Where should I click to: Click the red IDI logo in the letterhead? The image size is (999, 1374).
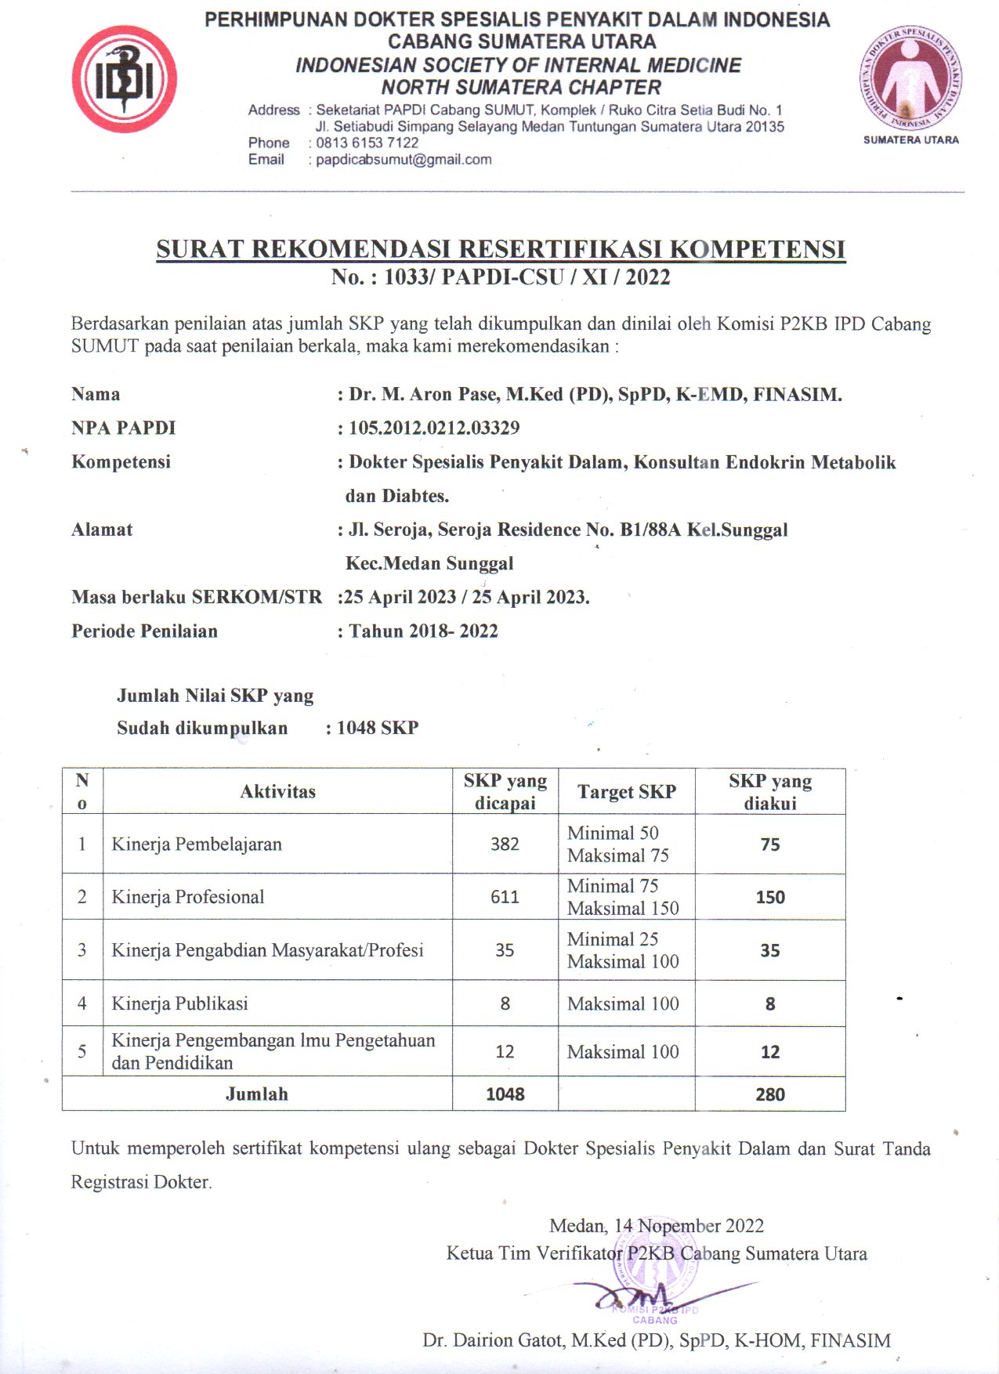[x=124, y=79]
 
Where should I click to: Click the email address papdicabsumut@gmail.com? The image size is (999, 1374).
[x=404, y=160]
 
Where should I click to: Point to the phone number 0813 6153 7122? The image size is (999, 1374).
[x=367, y=143]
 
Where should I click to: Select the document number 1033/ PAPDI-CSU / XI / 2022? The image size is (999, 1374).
[x=527, y=277]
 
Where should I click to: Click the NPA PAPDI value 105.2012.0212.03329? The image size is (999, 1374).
[x=434, y=428]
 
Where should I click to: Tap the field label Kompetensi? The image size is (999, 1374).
[x=121, y=461]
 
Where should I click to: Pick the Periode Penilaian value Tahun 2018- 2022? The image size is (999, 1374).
[x=423, y=631]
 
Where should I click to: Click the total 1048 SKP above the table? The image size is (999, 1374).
[x=377, y=728]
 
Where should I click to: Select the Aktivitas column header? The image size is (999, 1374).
[x=277, y=791]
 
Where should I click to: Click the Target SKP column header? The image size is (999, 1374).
[x=626, y=791]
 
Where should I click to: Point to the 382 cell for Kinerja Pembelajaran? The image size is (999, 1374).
[x=505, y=844]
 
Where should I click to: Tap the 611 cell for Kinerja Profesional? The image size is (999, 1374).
[x=505, y=897]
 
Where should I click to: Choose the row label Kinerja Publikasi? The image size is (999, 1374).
[x=179, y=1003]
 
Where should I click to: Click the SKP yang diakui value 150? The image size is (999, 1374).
[x=769, y=897]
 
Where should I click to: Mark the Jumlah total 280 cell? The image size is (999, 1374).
[x=769, y=1094]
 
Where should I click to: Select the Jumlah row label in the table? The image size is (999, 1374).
[x=257, y=1094]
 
